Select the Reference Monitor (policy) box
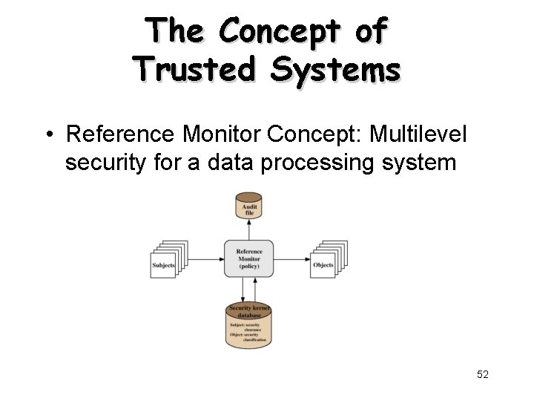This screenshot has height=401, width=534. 249,258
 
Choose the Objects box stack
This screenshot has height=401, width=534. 327,260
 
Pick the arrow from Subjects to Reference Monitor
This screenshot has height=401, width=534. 206,258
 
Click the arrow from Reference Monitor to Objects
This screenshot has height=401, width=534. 292,258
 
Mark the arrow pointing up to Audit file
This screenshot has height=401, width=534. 249,229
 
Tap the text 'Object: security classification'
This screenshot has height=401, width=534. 248,339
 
